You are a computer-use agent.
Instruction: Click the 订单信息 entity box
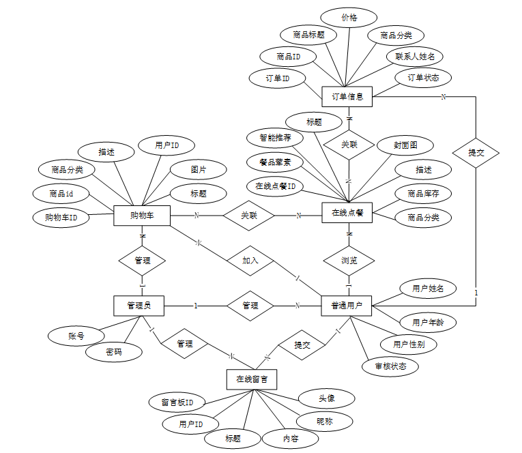[x=347, y=96]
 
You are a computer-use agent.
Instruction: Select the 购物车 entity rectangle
[x=141, y=216]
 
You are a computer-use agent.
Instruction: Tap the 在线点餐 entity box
[x=347, y=213]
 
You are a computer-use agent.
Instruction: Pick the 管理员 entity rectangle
[x=139, y=306]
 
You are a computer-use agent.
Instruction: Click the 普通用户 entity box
[x=347, y=306]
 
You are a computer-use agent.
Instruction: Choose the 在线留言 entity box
[x=251, y=379]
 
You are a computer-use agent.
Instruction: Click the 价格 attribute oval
[x=349, y=17]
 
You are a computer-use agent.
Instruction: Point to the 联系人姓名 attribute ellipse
[x=415, y=56]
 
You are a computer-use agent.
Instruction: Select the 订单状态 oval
[x=423, y=78]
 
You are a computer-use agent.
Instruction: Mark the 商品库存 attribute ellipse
[x=423, y=194]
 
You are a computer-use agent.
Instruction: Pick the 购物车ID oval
[x=61, y=218]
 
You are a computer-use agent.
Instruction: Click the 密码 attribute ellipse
[x=114, y=352]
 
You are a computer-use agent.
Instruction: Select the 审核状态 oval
[x=391, y=366]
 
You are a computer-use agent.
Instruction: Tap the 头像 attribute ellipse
[x=327, y=398]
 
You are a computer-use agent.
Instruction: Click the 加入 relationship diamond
[x=250, y=260]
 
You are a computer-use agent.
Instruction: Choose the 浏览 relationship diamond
[x=349, y=260]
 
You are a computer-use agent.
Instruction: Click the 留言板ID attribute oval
[x=177, y=402]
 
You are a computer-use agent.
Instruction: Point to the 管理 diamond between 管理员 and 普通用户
[x=250, y=306]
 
